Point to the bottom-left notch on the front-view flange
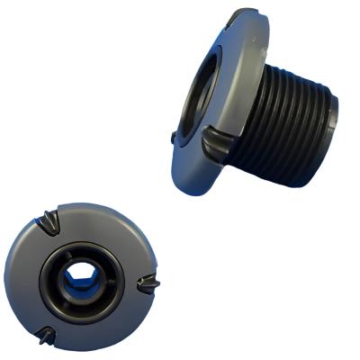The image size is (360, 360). (48, 336)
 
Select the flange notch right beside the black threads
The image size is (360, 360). (219, 141)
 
